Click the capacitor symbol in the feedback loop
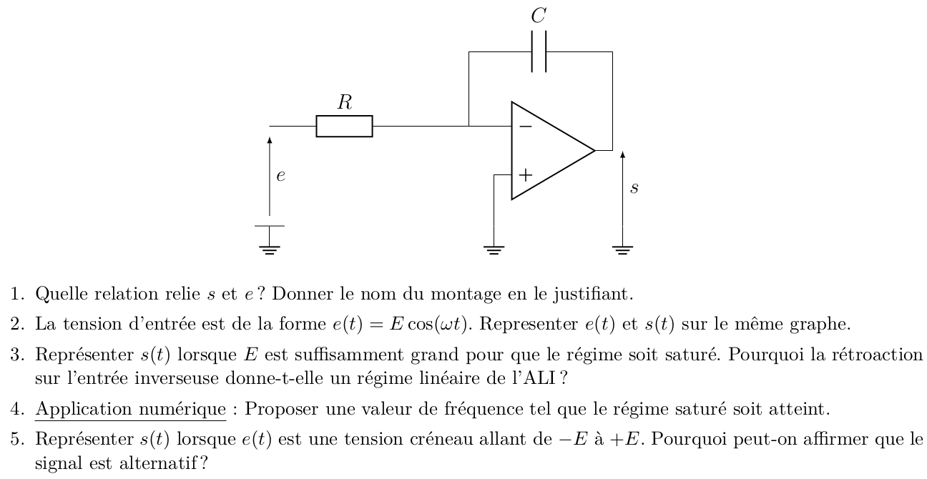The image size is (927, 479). pos(539,51)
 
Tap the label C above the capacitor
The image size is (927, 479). pos(539,16)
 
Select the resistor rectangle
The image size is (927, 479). pos(344,126)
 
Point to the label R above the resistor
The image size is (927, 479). pos(345,102)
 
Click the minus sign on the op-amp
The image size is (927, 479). pos(526,126)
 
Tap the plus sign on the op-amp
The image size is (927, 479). pos(526,175)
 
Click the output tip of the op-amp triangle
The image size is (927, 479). pos(594,151)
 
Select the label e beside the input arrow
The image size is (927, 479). pos(280,176)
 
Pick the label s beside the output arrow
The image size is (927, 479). pos(634,188)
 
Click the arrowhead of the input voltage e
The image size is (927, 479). pos(270,140)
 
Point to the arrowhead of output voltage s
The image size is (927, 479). pos(623,154)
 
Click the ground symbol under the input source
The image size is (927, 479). pos(270,240)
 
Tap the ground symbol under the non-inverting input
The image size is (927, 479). pos(494,250)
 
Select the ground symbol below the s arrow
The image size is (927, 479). pos(623,250)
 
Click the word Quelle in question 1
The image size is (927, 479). pos(62,294)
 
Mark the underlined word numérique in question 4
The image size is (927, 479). pos(182,409)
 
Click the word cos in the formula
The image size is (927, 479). pos(419,324)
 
